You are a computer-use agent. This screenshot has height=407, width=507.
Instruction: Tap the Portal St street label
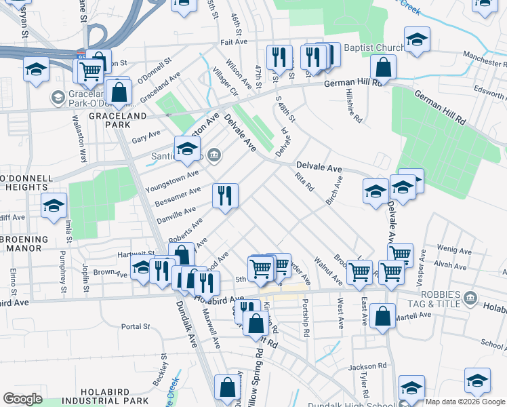[136, 326]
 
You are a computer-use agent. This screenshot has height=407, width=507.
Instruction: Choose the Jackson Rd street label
[367, 366]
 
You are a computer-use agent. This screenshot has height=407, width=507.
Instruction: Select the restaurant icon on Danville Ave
[225, 196]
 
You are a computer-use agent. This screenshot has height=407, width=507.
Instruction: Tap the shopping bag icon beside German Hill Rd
[384, 69]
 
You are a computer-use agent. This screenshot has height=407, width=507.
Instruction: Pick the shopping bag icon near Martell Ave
[383, 316]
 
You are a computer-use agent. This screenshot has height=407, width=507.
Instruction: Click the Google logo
[22, 398]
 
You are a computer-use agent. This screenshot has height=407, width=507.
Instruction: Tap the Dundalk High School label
[357, 402]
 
